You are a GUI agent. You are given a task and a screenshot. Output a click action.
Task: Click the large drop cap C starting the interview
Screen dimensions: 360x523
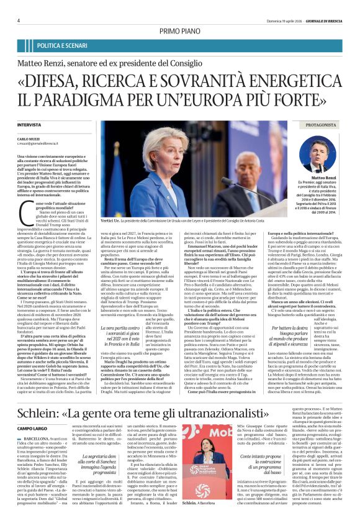coord(24,217)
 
